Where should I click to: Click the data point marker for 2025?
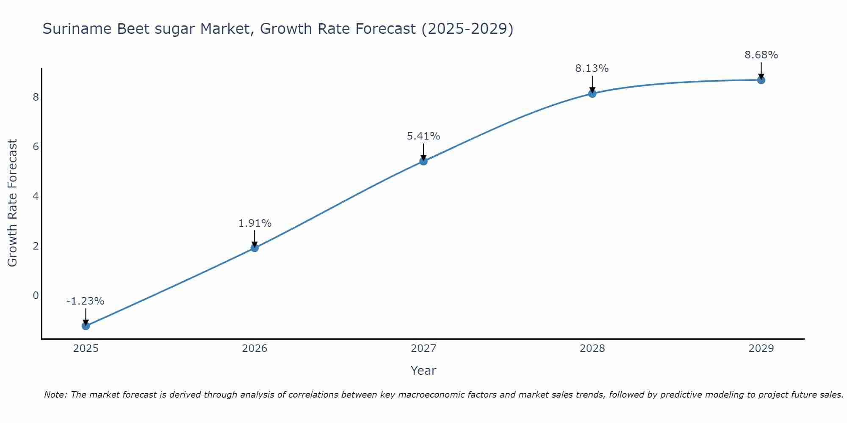86,326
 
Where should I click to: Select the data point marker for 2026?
255,248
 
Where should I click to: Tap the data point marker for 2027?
423,161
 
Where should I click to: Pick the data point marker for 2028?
592,93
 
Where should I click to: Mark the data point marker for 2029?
761,80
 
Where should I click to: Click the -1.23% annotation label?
85,301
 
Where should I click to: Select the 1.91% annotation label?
255,223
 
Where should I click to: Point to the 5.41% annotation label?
423,136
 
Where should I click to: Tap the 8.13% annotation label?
592,69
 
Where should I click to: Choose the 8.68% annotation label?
761,55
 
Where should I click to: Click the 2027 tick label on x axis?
423,349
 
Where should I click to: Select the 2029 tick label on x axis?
761,349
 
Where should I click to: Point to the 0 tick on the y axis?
36,295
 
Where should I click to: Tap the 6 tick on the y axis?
36,147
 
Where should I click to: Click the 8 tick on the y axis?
36,97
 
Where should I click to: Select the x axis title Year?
423,371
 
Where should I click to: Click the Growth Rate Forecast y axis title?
13,203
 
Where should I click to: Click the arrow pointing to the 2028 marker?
592,83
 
